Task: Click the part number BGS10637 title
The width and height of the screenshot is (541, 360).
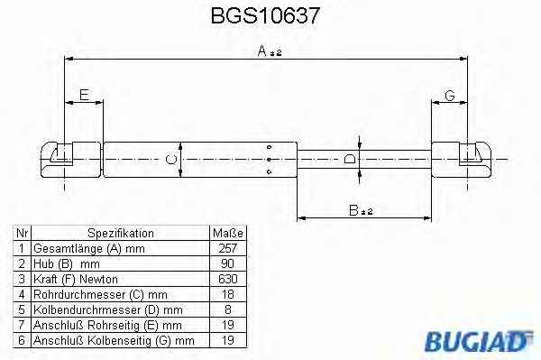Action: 265,16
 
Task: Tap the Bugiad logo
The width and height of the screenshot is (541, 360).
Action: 479,341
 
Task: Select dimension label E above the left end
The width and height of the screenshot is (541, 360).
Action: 85,95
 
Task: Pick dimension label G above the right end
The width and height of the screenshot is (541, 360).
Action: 450,96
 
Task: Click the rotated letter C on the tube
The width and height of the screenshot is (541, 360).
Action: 171,160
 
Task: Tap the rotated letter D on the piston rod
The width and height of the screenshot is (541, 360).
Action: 350,159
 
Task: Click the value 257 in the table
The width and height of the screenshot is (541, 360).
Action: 228,248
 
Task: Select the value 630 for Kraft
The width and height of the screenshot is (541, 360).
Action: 228,279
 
